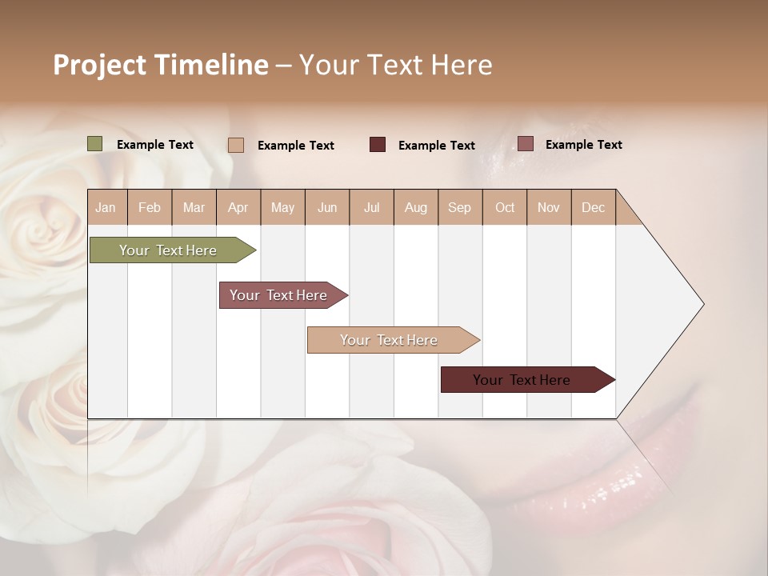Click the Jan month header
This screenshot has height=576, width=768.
106,207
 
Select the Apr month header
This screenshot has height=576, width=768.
238,207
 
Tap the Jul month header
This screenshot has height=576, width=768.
371,207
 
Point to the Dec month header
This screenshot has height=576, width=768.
593,207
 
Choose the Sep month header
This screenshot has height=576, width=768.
459,207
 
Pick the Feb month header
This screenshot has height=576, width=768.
150,207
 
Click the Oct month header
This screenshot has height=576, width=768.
505,207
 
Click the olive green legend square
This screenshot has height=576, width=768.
95,144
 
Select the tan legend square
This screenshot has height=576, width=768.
236,145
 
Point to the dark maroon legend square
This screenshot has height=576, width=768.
378,145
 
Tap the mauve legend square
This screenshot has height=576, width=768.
525,144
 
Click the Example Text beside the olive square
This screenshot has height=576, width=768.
155,145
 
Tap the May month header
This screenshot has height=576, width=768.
282,207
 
